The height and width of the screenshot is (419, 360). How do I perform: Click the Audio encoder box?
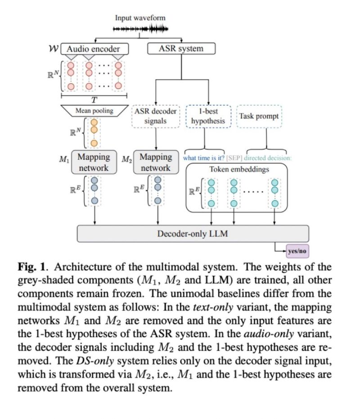click(x=97, y=49)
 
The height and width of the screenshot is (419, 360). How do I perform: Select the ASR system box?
click(x=181, y=49)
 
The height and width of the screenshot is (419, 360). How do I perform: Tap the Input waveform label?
click(x=140, y=18)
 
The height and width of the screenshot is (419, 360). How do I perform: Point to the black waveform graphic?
click(x=140, y=30)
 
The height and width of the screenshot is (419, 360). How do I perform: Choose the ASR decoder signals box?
click(x=156, y=116)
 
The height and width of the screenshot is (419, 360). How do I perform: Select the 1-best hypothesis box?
click(x=208, y=116)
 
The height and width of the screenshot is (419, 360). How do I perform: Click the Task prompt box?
click(x=259, y=116)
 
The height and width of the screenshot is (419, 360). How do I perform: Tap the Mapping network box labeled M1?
click(x=94, y=162)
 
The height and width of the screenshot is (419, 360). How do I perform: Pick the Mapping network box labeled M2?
click(x=156, y=162)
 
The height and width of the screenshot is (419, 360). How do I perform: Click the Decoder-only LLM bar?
click(x=193, y=234)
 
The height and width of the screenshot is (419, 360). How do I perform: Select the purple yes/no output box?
click(x=297, y=250)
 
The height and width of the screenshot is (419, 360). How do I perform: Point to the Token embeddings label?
click(x=239, y=170)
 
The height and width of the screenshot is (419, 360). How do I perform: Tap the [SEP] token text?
click(x=234, y=158)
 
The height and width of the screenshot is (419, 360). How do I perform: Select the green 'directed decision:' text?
click(x=268, y=158)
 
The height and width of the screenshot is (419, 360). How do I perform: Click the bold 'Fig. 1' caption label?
click(x=29, y=267)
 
